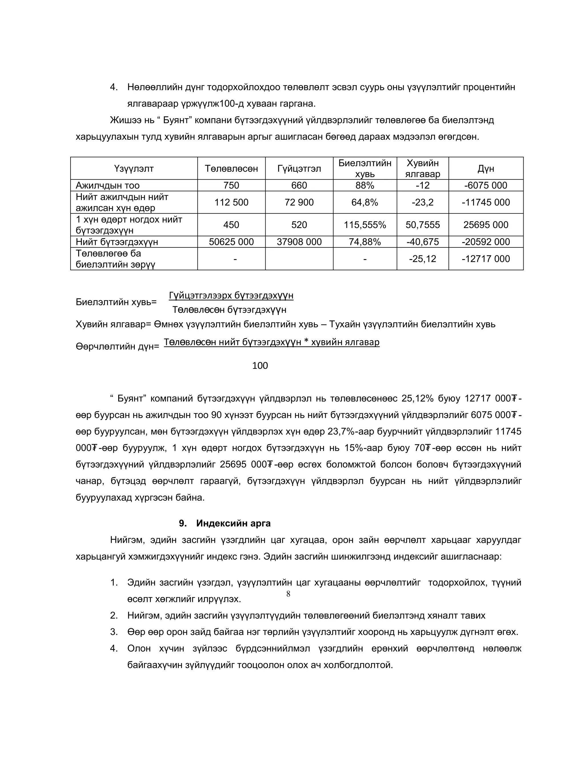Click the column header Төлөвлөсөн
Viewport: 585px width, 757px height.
click(x=231, y=169)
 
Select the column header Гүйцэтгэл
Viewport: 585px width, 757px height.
click(x=299, y=169)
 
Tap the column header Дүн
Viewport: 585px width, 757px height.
click(x=486, y=169)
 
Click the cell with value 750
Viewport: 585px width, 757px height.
click(x=231, y=185)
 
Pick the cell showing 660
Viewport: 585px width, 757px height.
click(x=299, y=185)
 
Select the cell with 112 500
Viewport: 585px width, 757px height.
click(x=231, y=202)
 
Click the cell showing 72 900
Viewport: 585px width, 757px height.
click(x=299, y=202)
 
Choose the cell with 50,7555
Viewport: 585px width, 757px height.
click(x=422, y=225)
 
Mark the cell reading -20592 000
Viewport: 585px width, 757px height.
click(x=486, y=242)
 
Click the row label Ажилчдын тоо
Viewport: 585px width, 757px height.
click(x=108, y=185)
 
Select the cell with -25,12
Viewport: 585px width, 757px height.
click(x=422, y=259)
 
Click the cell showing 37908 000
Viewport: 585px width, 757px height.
click(x=299, y=242)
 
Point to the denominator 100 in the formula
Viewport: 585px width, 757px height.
click(x=260, y=365)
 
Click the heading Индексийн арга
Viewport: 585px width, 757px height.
click(x=233, y=523)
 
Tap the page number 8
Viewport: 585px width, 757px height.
click(x=288, y=594)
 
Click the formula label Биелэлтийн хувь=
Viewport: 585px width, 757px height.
click(x=116, y=302)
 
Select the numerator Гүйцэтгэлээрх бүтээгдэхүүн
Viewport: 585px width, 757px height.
click(x=231, y=295)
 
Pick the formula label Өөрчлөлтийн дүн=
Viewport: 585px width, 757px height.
click(x=117, y=346)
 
